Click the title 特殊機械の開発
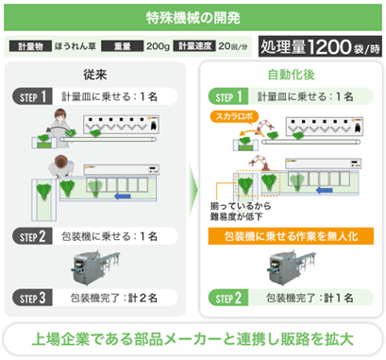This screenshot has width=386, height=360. pyautogui.click(x=193, y=18)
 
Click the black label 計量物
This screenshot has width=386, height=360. pyautogui.click(x=30, y=46)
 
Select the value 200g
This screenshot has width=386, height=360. pyautogui.click(x=158, y=46)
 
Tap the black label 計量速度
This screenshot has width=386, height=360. pyautogui.click(x=194, y=46)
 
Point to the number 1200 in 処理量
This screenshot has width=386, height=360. pyautogui.click(x=328, y=47)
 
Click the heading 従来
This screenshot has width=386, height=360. pyautogui.click(x=95, y=75)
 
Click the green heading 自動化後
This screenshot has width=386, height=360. pyautogui.click(x=291, y=75)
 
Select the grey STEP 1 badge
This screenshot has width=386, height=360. pyautogui.click(x=33, y=96)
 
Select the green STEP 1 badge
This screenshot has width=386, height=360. pyautogui.click(x=228, y=96)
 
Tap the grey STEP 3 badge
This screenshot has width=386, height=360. pyautogui.click(x=33, y=298)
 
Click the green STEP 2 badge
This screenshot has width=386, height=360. pyautogui.click(x=228, y=298)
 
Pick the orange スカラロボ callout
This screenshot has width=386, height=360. pyautogui.click(x=234, y=116)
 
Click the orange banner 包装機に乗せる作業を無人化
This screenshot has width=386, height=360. pyautogui.click(x=291, y=236)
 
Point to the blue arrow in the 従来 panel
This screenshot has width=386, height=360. pyautogui.click(x=123, y=197)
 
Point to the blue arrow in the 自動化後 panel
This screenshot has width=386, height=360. pyautogui.click(x=324, y=190)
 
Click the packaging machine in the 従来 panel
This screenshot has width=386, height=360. pyautogui.click(x=95, y=267)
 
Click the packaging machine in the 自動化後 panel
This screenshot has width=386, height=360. pyautogui.click(x=292, y=267)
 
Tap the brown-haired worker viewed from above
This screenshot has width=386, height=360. pyautogui.click(x=61, y=166)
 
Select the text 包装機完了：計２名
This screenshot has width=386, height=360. pyautogui.click(x=114, y=298)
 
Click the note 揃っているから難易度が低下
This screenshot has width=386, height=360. pyautogui.click(x=241, y=212)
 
